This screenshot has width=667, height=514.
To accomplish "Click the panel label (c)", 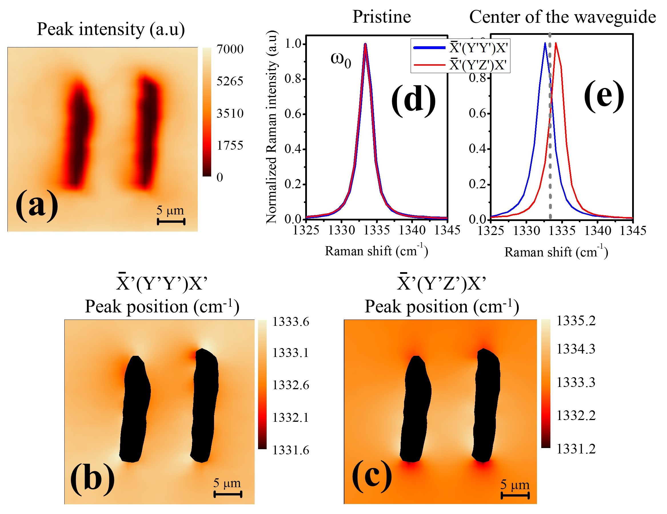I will point(372,475).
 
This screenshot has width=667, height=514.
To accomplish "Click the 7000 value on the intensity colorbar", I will point(230,49).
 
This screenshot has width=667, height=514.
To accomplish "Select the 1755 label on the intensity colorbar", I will point(230,145).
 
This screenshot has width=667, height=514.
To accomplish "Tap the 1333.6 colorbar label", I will point(290,322).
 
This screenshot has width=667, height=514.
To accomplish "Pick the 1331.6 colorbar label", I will point(290,450).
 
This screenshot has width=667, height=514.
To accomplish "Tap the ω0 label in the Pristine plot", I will point(341,59).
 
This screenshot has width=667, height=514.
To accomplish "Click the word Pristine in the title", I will point(382,17).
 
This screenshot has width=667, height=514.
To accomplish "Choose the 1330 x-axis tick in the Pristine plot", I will point(342,230).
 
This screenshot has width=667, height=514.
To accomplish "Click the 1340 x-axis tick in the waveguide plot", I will point(598,231).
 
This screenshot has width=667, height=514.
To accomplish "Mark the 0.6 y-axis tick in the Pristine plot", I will point(293,114).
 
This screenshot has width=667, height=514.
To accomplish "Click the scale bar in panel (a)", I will point(171,222).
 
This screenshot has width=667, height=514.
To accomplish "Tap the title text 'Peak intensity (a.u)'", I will point(111,29).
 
